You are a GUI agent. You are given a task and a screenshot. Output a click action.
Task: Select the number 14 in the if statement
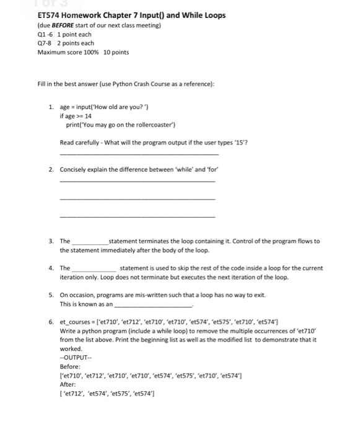(x=88, y=116)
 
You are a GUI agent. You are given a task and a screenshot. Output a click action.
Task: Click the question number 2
(x=51, y=169)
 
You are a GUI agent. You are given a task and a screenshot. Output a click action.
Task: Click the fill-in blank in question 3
(x=90, y=241)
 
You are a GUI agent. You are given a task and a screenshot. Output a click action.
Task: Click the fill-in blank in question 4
(x=90, y=268)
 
